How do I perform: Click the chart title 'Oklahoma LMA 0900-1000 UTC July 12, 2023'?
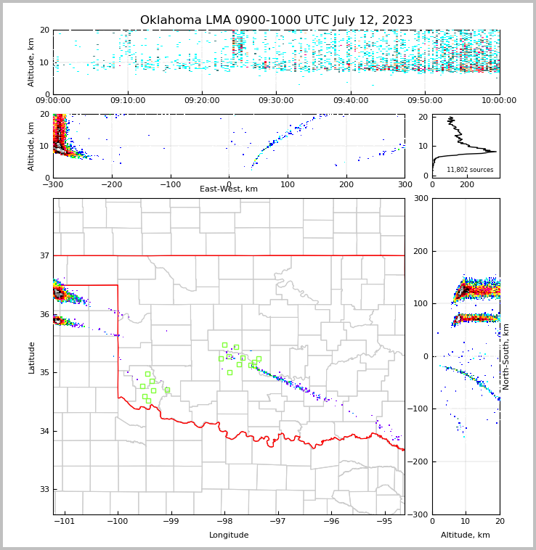[276, 20]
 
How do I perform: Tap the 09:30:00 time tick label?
[276, 101]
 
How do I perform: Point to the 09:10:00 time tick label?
[127, 101]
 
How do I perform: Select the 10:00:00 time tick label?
[499, 101]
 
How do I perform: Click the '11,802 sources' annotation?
[470, 170]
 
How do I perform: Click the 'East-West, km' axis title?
[229, 189]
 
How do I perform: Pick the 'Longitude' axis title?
[229, 535]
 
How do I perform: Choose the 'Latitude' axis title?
[31, 357]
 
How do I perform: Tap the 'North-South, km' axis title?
[505, 356]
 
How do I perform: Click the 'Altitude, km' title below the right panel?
[466, 535]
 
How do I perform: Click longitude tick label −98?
[224, 521]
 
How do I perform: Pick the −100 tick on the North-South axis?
[416, 409]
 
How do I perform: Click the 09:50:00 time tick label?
[425, 101]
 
